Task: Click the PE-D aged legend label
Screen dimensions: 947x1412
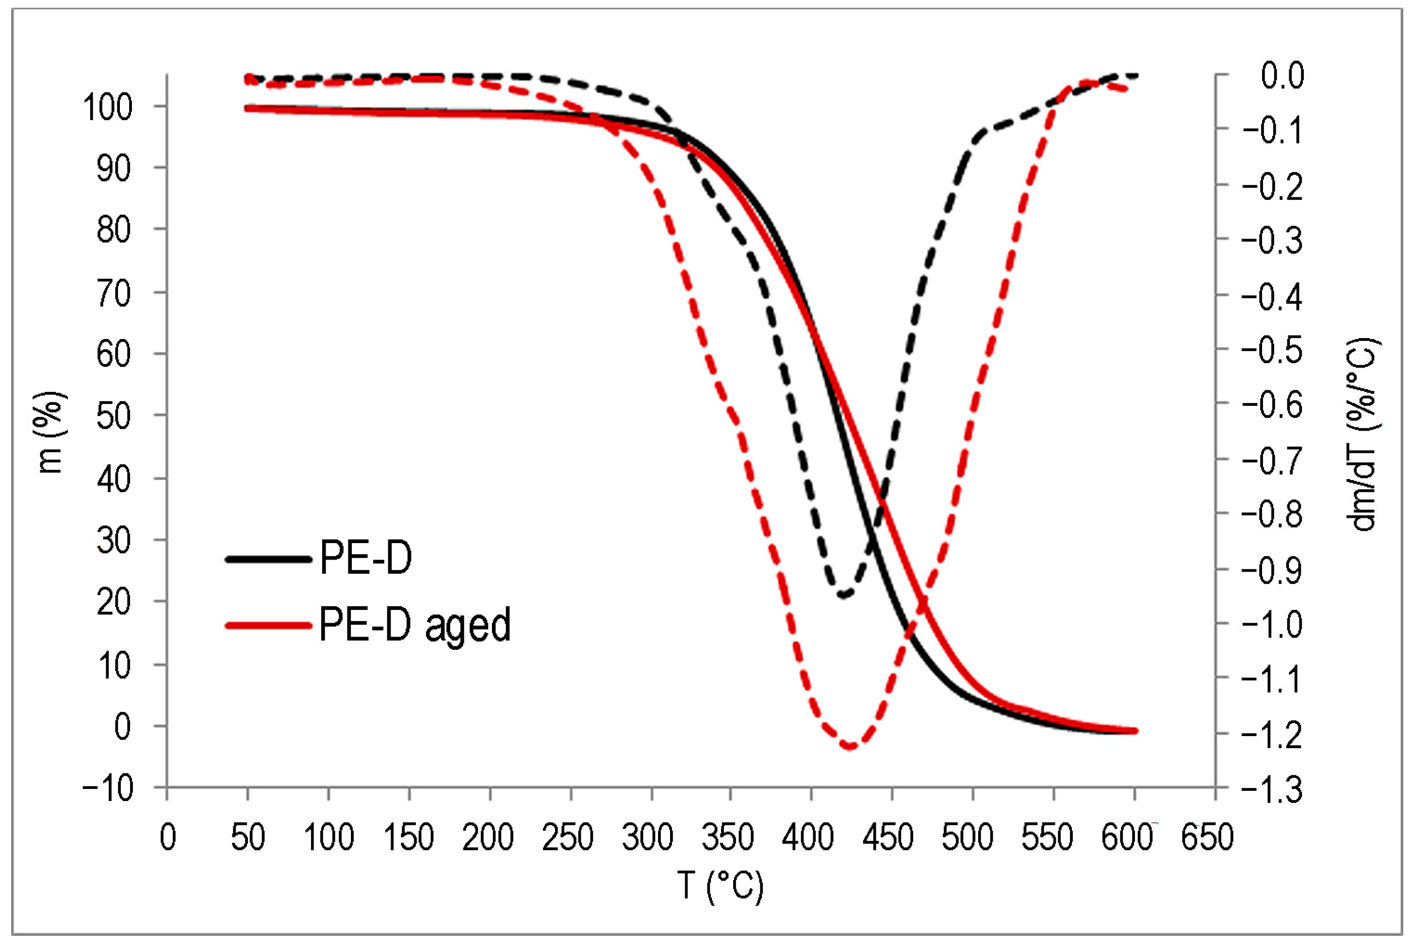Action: (414, 625)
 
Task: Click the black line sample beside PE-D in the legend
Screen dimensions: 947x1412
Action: (268, 559)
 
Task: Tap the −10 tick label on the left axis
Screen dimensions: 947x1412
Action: (108, 788)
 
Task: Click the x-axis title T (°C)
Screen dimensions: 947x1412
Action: (720, 886)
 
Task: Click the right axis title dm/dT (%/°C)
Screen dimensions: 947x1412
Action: (1363, 433)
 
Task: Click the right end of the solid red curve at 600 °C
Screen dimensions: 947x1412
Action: (1134, 731)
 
